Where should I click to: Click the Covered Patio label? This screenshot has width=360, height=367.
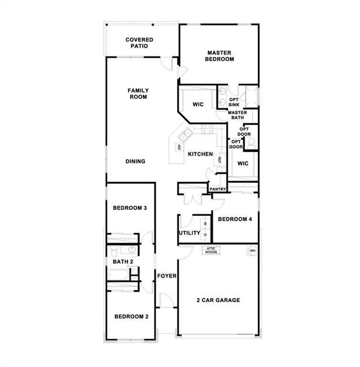pyautogui.click(x=139, y=43)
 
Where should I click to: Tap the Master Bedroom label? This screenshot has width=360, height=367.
pyautogui.click(x=220, y=56)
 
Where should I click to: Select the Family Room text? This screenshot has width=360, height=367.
pyautogui.click(x=138, y=94)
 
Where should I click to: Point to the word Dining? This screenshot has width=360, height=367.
pyautogui.click(x=136, y=161)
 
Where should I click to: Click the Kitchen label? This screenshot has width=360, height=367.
pyautogui.click(x=201, y=154)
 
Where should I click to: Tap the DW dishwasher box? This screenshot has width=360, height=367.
pyautogui.click(x=179, y=147)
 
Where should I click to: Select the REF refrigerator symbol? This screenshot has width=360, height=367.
pyautogui.click(x=220, y=160)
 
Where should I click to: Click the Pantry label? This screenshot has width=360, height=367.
pyautogui.click(x=218, y=189)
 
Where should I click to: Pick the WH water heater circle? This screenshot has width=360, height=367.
pyautogui.click(x=253, y=251)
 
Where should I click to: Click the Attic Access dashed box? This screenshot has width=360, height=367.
pyautogui.click(x=211, y=250)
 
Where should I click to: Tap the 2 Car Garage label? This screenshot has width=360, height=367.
pyautogui.click(x=218, y=300)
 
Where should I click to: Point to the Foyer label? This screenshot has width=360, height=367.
pyautogui.click(x=167, y=276)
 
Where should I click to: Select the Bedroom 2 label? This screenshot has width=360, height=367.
pyautogui.click(x=131, y=316)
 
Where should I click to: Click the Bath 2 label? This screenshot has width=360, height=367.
pyautogui.click(x=123, y=262)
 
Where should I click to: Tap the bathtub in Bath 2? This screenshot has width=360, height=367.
pyautogui.click(x=118, y=274)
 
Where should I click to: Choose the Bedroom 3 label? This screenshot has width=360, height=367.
pyautogui.click(x=130, y=208)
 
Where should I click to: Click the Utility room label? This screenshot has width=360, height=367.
pyautogui.click(x=190, y=233)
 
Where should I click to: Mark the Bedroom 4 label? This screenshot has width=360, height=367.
pyautogui.click(x=235, y=219)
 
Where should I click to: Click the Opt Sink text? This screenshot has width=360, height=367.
pyautogui.click(x=234, y=102)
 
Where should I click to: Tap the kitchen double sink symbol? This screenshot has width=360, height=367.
pyautogui.click(x=186, y=134)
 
